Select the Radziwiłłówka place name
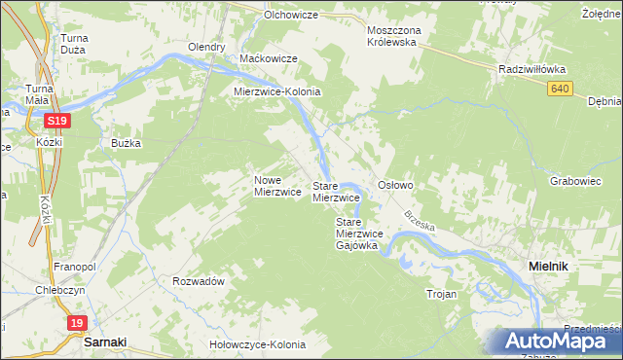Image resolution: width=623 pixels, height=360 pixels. pos(531,70)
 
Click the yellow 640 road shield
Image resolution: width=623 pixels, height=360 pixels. pos(558,89)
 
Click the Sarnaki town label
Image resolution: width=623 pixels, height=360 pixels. pos(106,342)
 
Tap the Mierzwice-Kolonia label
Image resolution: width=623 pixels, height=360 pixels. pos(276,92)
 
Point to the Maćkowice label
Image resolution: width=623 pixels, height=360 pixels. pos(268,59)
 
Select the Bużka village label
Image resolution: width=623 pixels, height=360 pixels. pos(126,143)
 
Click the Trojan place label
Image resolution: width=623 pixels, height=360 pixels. pos(441,292)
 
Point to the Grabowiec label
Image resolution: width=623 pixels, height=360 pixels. pos(574,181)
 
